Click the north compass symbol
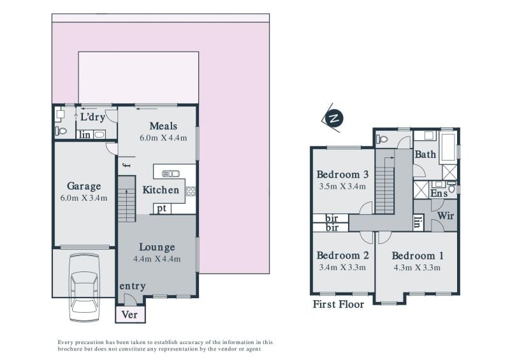(333, 118)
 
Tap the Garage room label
(84, 186)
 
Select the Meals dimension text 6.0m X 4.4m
(163, 138)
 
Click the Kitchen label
(161, 190)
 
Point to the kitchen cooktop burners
(191, 191)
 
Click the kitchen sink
(171, 174)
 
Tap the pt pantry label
(162, 209)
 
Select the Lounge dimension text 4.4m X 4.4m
(157, 259)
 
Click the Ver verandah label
(129, 315)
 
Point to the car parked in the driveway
(84, 287)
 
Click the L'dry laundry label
(92, 117)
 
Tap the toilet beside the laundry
(61, 131)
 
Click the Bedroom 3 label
(342, 175)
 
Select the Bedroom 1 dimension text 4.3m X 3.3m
(417, 268)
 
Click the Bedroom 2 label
(343, 256)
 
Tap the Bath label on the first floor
(425, 154)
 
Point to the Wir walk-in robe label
(445, 215)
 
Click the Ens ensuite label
(439, 193)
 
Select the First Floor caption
(339, 305)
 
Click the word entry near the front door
(133, 287)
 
